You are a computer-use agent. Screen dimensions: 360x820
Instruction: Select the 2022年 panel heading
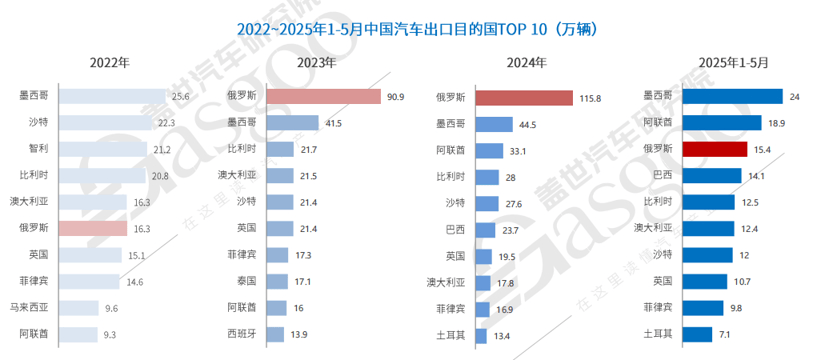(x=109, y=63)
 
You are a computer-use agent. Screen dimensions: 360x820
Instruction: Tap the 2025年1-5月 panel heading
(x=735, y=63)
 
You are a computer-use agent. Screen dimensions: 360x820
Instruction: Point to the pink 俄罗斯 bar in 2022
(x=93, y=228)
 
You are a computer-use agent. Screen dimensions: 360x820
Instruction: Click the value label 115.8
(x=589, y=98)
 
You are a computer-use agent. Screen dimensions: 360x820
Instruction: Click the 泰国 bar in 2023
(x=278, y=281)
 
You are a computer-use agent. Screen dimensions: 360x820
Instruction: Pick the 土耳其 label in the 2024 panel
(x=448, y=334)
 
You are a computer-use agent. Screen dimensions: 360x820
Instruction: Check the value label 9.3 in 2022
(x=109, y=333)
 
